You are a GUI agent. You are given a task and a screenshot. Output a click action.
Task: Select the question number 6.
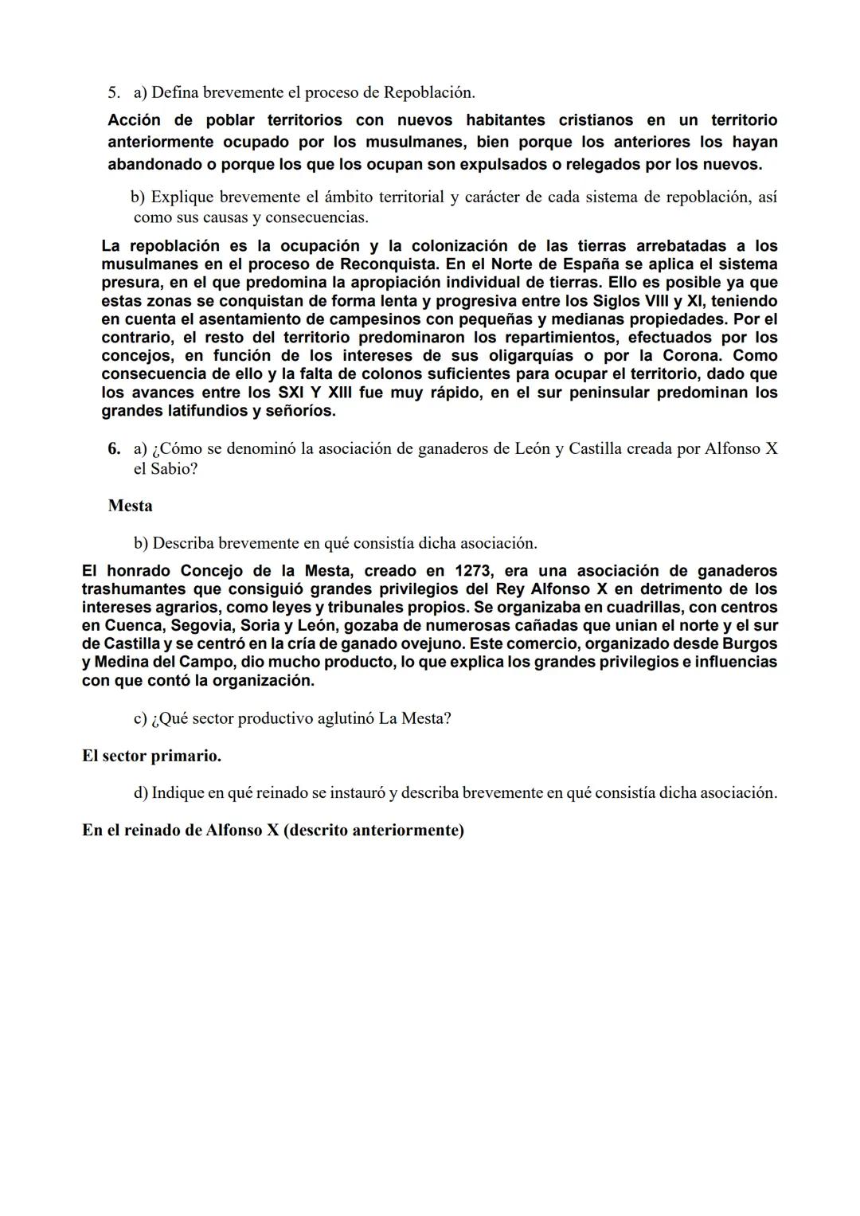pyautogui.click(x=114, y=449)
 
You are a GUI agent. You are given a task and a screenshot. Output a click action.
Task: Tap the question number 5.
pyautogui.click(x=114, y=92)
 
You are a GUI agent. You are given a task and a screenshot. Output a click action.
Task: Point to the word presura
pyautogui.click(x=131, y=283)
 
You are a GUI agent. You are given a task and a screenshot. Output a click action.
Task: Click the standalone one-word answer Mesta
pyautogui.click(x=130, y=506)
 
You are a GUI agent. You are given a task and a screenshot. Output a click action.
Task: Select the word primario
pyautogui.click(x=186, y=756)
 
